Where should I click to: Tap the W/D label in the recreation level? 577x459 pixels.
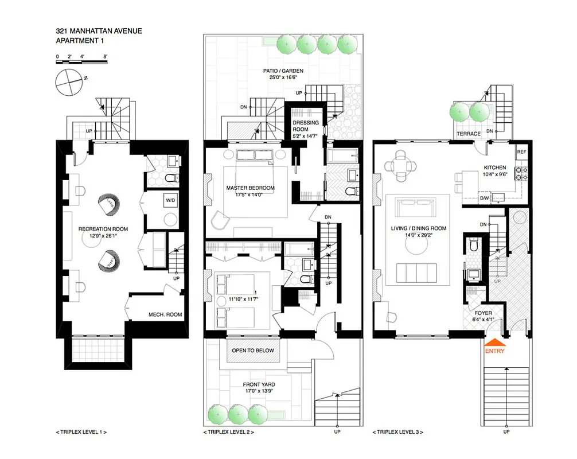coord(170,200)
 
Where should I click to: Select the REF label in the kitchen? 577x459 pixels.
coord(521,152)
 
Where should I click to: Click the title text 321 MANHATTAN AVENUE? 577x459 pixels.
coord(99,31)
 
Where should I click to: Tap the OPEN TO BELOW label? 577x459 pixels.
coord(253,351)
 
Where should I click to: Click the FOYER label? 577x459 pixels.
coord(478,313)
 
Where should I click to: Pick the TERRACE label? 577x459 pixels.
coord(468,133)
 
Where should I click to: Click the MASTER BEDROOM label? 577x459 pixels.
coord(250,188)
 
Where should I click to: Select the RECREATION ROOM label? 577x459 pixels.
coord(103,229)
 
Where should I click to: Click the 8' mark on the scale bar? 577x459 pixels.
coord(106,56)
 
